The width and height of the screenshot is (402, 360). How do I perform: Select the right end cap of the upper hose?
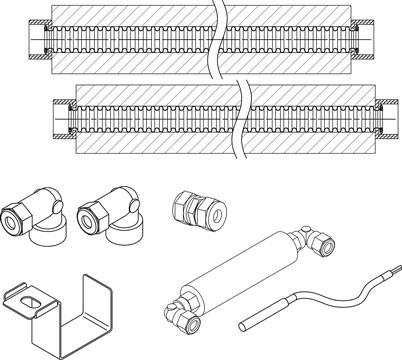pyautogui.click(x=371, y=45)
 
